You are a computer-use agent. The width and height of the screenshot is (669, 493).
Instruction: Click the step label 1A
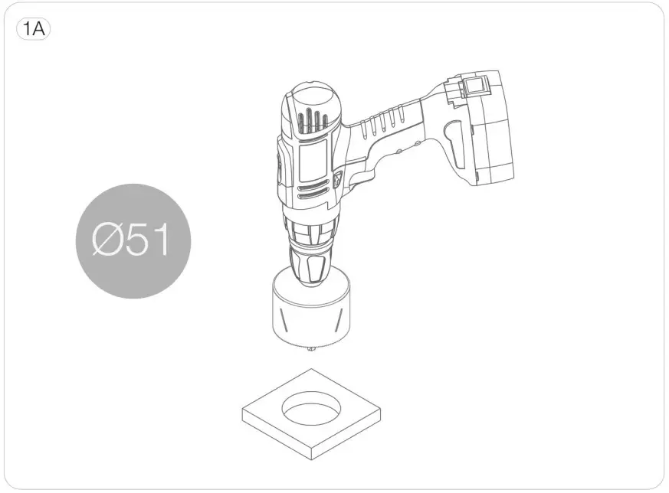tap(33, 29)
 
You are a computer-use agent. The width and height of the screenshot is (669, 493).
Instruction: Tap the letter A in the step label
tap(38, 29)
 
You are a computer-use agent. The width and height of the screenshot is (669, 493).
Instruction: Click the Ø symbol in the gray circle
tap(107, 240)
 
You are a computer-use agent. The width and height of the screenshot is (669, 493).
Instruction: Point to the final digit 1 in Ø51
tap(161, 240)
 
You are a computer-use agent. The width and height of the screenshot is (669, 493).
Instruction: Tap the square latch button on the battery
tap(472, 87)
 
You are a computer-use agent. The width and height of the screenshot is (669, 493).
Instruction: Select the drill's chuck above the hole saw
tap(309, 266)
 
